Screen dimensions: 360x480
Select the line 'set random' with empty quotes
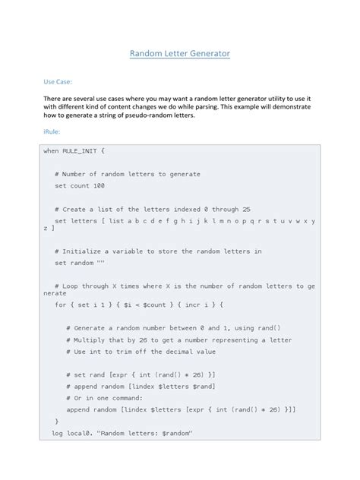[x=79, y=263]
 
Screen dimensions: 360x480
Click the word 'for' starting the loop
[x=60, y=304]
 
